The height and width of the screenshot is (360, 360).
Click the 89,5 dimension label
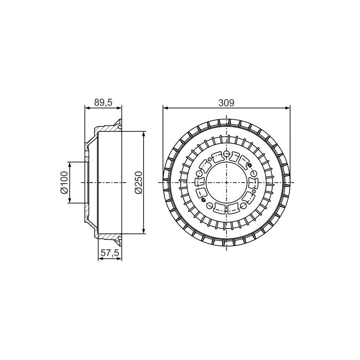[103, 103]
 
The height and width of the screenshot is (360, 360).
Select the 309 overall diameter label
[226, 103]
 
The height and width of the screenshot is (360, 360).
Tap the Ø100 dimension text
[64, 183]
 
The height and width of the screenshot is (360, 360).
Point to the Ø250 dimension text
[139, 183]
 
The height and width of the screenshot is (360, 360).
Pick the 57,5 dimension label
[110, 253]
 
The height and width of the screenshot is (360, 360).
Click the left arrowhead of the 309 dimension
[165, 108]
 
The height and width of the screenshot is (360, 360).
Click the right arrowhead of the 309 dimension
[288, 108]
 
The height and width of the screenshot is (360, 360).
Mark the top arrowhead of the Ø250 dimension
[144, 134]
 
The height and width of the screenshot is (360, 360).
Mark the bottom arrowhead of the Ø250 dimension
[144, 231]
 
